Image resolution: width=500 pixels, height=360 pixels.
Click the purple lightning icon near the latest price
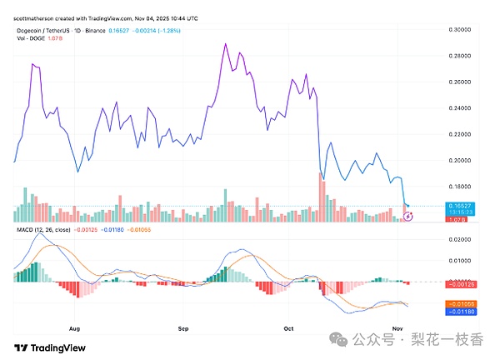point(407,217)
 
